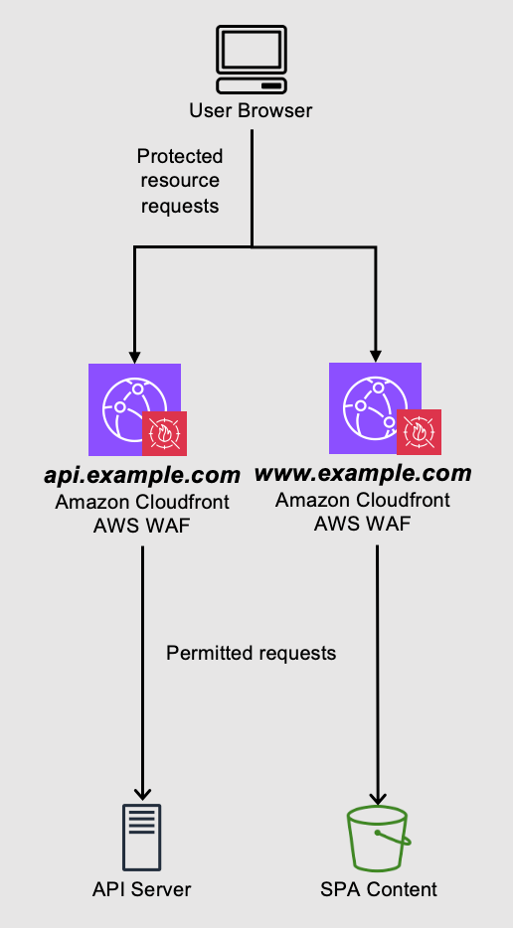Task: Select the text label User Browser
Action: click(x=251, y=110)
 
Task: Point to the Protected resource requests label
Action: click(x=180, y=181)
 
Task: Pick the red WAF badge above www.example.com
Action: click(x=419, y=431)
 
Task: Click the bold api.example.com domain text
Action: click(x=142, y=476)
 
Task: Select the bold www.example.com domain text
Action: click(x=362, y=474)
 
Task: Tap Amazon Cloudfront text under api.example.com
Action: click(x=142, y=503)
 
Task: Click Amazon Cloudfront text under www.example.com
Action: click(x=362, y=501)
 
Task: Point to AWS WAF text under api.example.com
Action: click(x=142, y=524)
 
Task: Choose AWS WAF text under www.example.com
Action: click(x=362, y=522)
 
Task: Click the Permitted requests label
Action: click(x=252, y=653)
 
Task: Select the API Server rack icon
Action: click(x=143, y=836)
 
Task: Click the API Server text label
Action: click(x=143, y=889)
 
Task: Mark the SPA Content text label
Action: click(x=378, y=889)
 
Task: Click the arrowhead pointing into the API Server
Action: click(x=143, y=793)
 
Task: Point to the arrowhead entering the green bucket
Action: click(x=378, y=797)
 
